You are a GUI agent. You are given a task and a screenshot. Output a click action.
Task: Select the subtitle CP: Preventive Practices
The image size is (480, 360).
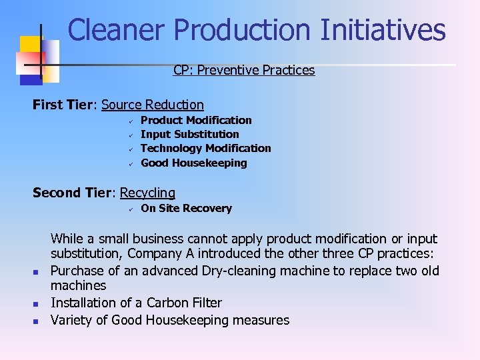point(244,70)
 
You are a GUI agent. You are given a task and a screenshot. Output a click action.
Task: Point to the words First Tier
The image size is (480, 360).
point(65,105)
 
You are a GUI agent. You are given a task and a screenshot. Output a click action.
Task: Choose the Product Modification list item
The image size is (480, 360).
point(196,120)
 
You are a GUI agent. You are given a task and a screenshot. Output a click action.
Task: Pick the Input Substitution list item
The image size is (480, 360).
point(190,134)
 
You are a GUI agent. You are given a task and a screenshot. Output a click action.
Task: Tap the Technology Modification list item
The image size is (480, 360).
point(206,148)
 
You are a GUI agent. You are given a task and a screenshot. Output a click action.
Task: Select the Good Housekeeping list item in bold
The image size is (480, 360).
point(194,163)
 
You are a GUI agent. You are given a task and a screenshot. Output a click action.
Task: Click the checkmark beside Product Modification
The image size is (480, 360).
point(132,121)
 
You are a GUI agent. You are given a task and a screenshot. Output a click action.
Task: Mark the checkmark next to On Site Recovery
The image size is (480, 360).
point(132,209)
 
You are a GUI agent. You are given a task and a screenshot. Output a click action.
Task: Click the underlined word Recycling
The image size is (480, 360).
point(147,193)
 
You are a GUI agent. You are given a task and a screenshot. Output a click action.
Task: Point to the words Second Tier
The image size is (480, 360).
point(74,193)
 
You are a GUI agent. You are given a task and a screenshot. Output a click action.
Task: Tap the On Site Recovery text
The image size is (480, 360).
point(187,208)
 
